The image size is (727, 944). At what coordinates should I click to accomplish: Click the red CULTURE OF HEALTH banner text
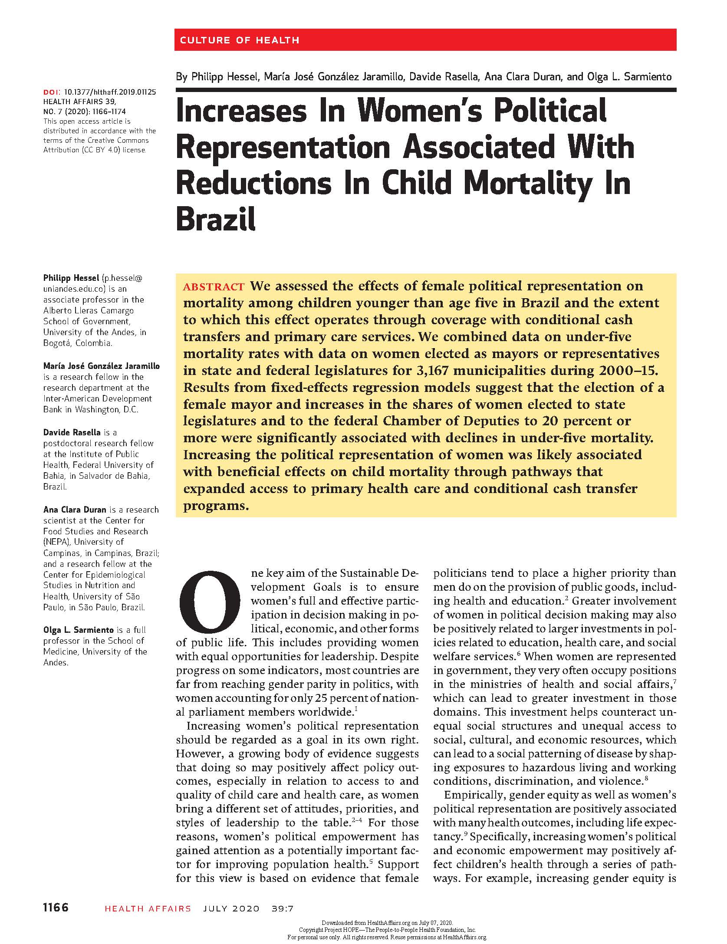(x=239, y=40)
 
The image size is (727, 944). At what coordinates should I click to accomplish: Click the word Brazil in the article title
(x=216, y=219)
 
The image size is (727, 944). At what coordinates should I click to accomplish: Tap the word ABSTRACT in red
(x=214, y=287)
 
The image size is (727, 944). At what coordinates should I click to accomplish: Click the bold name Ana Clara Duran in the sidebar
(x=75, y=510)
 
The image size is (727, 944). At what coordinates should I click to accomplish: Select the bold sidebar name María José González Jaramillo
(x=102, y=366)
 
